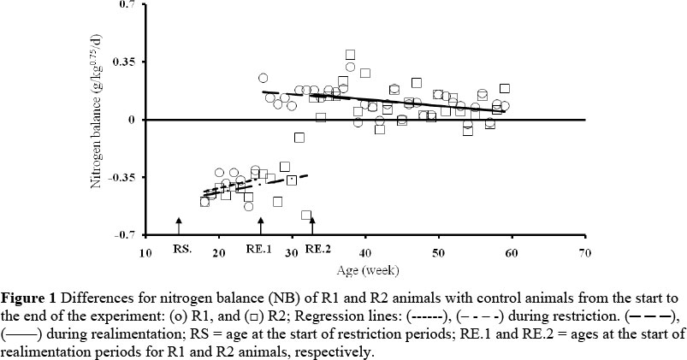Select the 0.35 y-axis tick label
(127, 62)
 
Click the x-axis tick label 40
(365, 253)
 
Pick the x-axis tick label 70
(585, 253)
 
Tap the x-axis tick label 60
(512, 253)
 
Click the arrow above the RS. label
(179, 227)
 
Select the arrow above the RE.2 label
(312, 227)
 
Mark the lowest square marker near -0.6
(306, 215)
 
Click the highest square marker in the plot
(350, 55)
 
